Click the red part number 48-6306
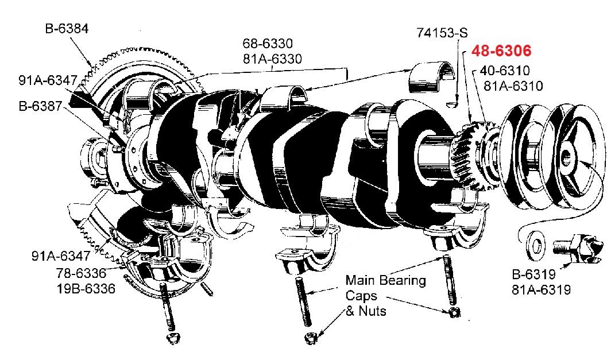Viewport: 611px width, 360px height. tap(501, 51)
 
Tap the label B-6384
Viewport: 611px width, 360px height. tap(67, 28)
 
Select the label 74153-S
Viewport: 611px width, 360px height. tap(442, 33)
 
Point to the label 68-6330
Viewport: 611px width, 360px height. tap(268, 44)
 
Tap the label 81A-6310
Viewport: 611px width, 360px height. tap(513, 86)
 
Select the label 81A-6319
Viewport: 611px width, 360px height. tap(541, 290)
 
